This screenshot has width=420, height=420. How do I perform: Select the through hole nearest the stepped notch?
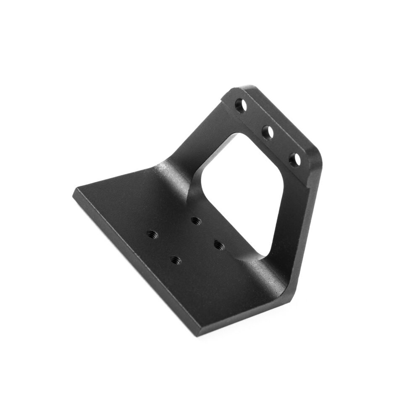[x=241, y=105]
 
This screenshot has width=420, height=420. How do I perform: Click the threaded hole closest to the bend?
[x=195, y=220]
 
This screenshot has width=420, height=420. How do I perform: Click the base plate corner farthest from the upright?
[x=76, y=191]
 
